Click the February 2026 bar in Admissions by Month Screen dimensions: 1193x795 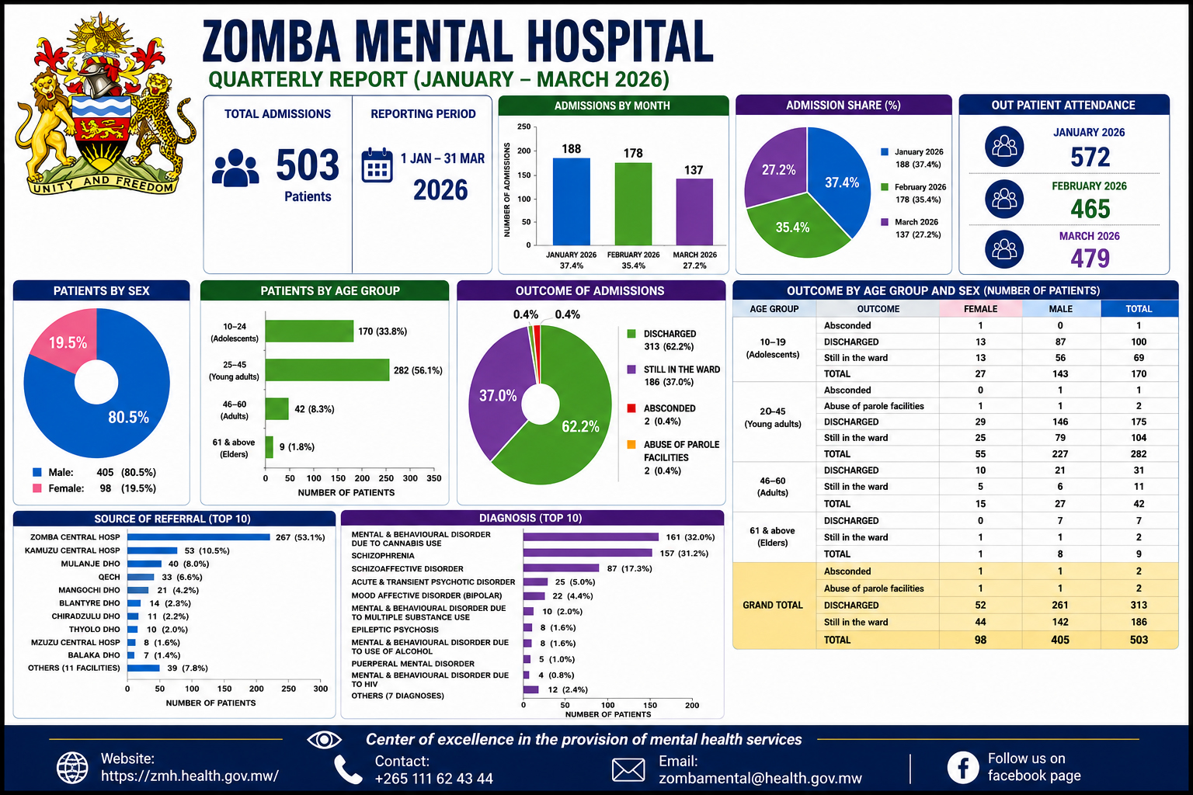(633, 204)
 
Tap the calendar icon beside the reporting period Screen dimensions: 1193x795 (377, 165)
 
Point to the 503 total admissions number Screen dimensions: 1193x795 (308, 165)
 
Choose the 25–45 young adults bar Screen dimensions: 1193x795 (327, 370)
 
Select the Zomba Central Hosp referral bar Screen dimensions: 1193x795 (199, 537)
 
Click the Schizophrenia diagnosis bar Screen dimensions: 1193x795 (587, 554)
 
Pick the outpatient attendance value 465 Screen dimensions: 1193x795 (1090, 209)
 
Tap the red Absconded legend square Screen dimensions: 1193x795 (631, 408)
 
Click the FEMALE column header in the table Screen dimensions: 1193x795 (980, 309)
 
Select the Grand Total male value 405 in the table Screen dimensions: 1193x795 (1060, 640)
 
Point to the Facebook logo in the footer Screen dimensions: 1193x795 (963, 767)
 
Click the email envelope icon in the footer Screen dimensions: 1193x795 (628, 770)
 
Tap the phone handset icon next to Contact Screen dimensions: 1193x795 (348, 770)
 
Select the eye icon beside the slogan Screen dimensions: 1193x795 (324, 740)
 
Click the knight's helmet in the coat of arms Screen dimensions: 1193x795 (99, 82)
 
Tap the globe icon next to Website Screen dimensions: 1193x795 (72, 768)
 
